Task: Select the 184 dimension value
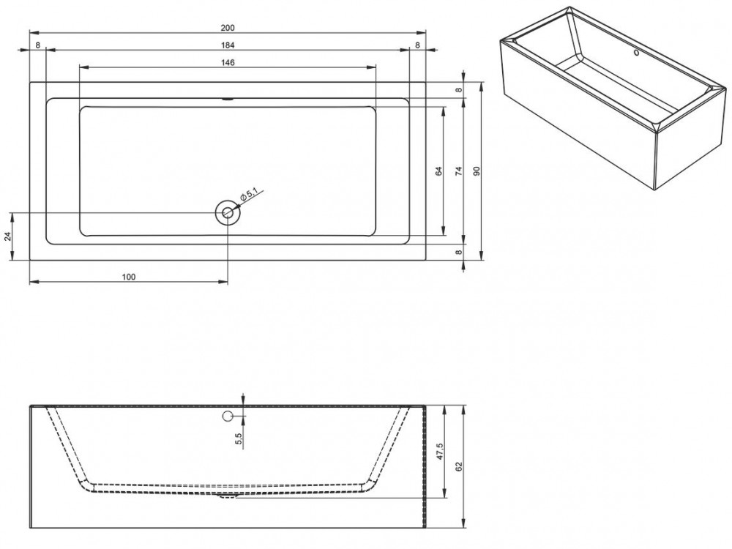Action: [227, 45]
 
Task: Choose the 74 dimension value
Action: [458, 171]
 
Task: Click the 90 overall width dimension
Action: [476, 171]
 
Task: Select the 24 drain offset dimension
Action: [7, 236]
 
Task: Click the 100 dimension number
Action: [128, 277]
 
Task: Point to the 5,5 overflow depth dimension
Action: [239, 439]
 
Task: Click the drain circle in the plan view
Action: [228, 213]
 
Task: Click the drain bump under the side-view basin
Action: [228, 495]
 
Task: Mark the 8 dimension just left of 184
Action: [37, 45]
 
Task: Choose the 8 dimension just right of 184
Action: [417, 45]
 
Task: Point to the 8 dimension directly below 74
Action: [458, 252]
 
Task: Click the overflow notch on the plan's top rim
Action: [228, 97]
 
